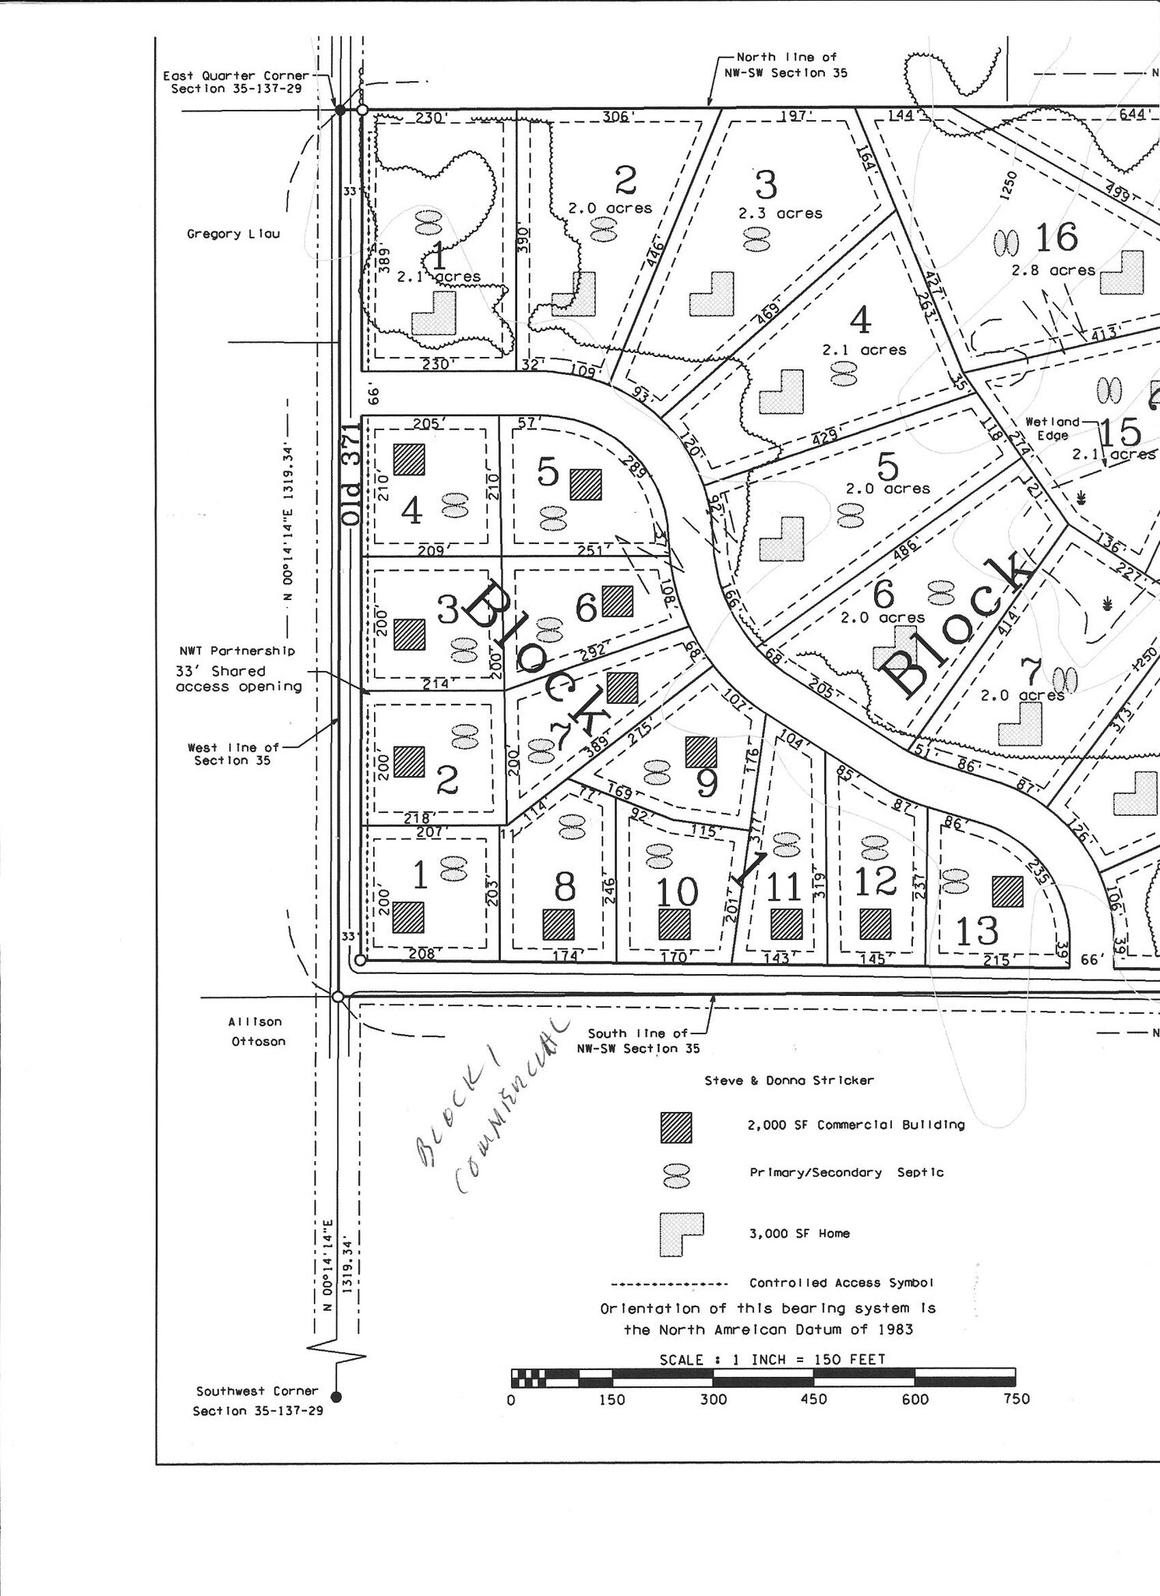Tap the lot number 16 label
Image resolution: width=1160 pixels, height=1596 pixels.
click(x=1056, y=238)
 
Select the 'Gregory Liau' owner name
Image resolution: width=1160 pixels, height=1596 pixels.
click(x=233, y=234)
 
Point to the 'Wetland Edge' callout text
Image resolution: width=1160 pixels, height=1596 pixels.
click(x=1052, y=428)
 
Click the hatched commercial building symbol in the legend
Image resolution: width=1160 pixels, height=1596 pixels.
click(x=675, y=1127)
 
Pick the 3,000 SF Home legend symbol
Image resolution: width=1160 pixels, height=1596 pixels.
click(x=681, y=1234)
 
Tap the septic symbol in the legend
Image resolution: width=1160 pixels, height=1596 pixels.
click(x=676, y=1176)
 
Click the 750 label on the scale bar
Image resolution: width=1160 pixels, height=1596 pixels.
click(x=1017, y=1399)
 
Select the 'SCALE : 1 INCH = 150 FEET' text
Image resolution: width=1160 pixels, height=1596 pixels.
click(x=772, y=1359)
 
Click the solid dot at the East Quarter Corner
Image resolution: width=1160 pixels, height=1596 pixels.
click(x=340, y=110)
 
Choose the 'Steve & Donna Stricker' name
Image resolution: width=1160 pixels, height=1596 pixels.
click(x=789, y=1080)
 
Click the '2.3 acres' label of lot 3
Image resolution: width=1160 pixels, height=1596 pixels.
click(x=781, y=213)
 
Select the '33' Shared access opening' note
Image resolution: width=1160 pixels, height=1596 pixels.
click(x=238, y=679)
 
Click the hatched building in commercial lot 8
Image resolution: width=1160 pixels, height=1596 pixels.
click(x=559, y=924)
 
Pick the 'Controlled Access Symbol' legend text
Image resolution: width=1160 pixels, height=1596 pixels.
click(x=841, y=1283)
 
